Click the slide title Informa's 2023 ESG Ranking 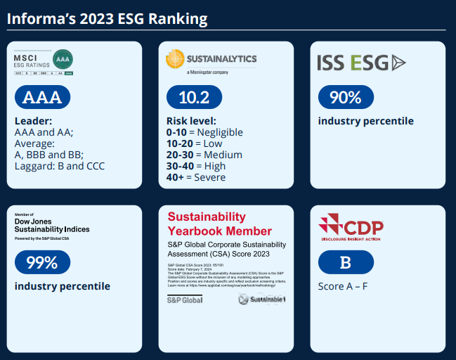point(107,18)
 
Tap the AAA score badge point(42,98)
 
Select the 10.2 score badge point(193,97)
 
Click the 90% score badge point(345,97)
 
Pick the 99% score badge point(41,263)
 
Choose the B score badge point(345,262)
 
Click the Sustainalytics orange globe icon point(175,58)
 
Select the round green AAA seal point(63,58)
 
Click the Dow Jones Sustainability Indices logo point(52,224)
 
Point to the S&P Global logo point(184,300)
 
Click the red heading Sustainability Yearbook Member point(219,224)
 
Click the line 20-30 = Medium point(204,155)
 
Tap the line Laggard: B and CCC point(60,167)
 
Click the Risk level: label point(191,120)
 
